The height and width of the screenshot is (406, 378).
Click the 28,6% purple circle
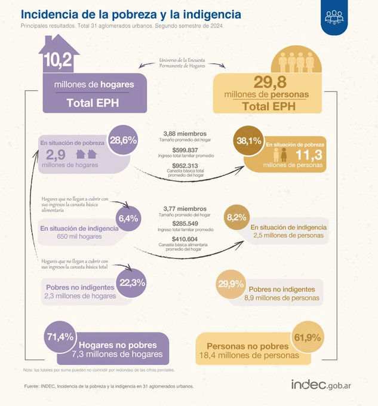122,141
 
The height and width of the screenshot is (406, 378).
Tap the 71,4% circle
60,337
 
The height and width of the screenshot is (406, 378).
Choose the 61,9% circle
308,337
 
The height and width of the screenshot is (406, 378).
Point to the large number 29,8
275,82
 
